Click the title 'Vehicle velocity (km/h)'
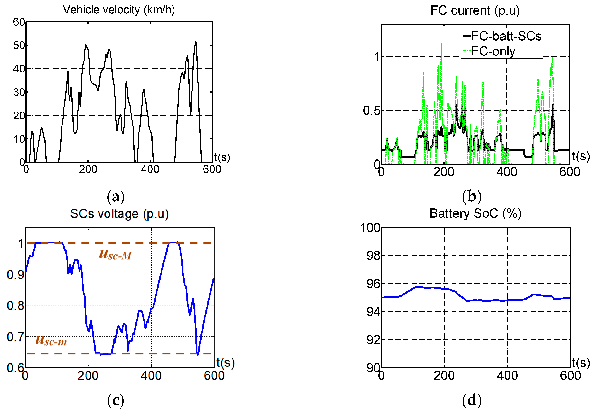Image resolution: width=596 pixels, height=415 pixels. [119, 10]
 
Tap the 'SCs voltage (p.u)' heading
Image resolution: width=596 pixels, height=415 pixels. [119, 214]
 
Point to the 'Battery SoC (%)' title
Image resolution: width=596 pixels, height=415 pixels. [475, 213]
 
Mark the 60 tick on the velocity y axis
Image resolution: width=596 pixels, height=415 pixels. [19, 22]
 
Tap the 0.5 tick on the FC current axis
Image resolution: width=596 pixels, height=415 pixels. [371, 111]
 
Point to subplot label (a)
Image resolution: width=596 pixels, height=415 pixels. [116, 197]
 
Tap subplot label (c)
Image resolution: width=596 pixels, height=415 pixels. [116, 401]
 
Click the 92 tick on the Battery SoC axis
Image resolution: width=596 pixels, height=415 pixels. [373, 340]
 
